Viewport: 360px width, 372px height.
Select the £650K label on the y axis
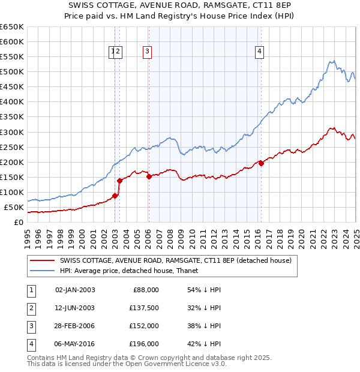point(12,27)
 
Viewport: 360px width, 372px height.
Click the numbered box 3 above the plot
point(147,52)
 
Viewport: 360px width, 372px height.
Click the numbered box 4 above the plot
point(259,52)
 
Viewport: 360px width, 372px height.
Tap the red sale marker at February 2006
point(149,176)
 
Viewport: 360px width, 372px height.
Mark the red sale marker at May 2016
point(261,163)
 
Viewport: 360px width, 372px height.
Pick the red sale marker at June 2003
point(119,181)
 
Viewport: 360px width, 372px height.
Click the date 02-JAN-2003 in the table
point(74,290)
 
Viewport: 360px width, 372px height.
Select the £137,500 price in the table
point(145,308)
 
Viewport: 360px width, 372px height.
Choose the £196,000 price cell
point(145,344)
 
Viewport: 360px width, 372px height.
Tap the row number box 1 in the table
point(30,290)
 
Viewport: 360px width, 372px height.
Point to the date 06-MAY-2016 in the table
point(74,344)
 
